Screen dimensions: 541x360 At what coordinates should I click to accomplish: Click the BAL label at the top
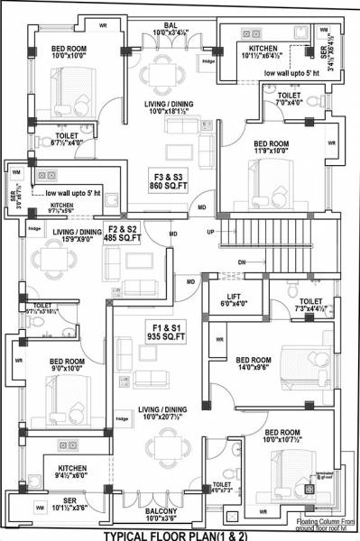[x=170, y=30]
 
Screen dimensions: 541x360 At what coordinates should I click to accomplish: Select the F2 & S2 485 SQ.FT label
[x=124, y=234]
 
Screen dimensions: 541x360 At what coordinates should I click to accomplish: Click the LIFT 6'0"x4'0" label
[x=232, y=300]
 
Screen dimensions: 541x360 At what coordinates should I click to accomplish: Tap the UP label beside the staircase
[x=211, y=231]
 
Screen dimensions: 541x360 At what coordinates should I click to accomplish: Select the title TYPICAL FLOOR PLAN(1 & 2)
[x=180, y=534]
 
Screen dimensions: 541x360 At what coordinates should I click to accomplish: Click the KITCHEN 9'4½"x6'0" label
[x=72, y=473]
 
